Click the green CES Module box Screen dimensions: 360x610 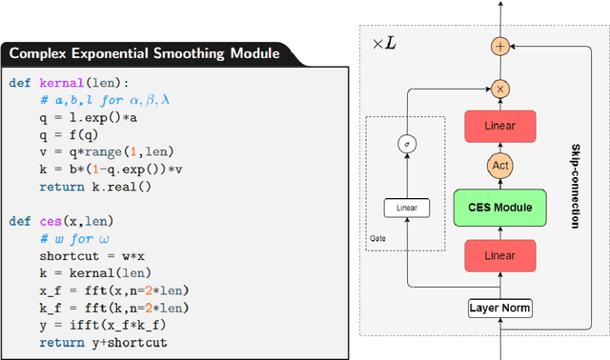tap(500, 208)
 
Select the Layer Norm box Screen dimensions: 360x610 tap(500, 308)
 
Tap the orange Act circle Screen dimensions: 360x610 tap(500, 166)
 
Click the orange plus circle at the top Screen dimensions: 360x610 tap(500, 46)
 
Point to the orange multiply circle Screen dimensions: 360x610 tap(500, 88)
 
